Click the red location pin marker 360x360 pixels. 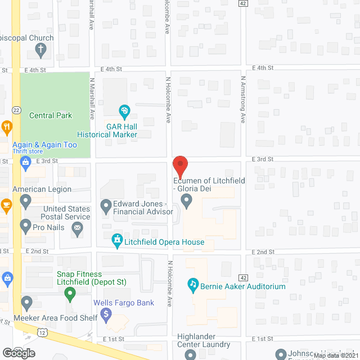click(180, 166)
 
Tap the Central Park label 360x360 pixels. click(51, 116)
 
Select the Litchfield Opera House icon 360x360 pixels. click(117, 242)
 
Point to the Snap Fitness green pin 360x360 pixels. click(70, 293)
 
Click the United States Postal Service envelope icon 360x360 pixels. click(78, 228)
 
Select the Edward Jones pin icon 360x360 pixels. click(106, 207)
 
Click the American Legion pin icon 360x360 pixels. click(25, 200)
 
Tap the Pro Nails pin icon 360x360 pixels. click(25, 227)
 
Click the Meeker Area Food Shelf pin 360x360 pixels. click(26, 304)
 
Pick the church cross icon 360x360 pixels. click(41, 49)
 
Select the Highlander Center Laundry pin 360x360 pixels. click(190, 354)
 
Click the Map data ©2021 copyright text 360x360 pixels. click(335, 355)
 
